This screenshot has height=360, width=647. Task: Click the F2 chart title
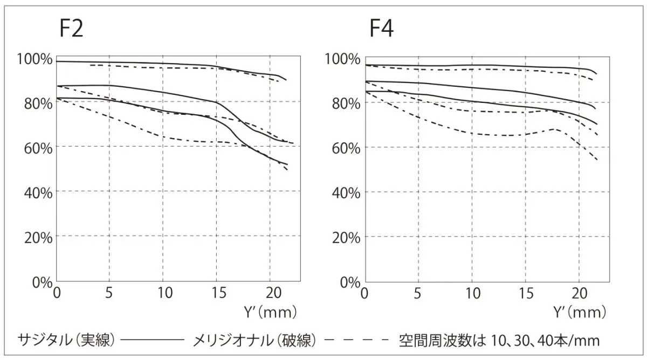[x=71, y=29]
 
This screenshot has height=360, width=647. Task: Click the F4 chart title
[x=381, y=29]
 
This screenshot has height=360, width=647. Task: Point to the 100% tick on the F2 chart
[x=35, y=58]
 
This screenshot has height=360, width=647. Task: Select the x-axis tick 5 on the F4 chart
[x=417, y=293]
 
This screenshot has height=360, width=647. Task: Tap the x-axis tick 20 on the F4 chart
[x=579, y=293]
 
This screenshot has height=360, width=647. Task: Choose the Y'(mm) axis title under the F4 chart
[x=580, y=312]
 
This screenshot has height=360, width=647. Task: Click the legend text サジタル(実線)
[x=66, y=340]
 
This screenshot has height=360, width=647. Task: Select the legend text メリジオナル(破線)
[x=254, y=340]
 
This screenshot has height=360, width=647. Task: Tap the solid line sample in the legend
[x=153, y=341]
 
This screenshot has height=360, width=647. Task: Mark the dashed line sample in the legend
[x=357, y=341]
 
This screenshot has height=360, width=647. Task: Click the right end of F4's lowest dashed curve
[x=597, y=160]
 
